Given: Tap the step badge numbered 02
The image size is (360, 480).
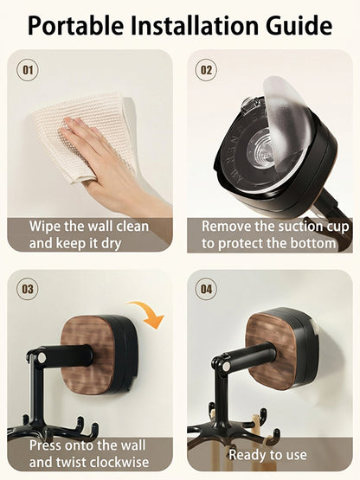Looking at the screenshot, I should coord(206,69).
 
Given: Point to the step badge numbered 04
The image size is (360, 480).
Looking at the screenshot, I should coord(206,289).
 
